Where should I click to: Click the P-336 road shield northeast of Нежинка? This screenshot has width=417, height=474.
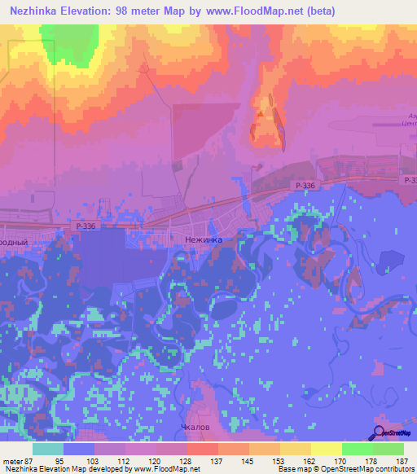click(x=305, y=187)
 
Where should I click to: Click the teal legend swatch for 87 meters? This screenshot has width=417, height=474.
click(x=48, y=449)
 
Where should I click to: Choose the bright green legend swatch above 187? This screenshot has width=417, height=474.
click(x=388, y=449)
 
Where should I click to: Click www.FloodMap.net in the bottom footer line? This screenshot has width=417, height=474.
click(x=167, y=470)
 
